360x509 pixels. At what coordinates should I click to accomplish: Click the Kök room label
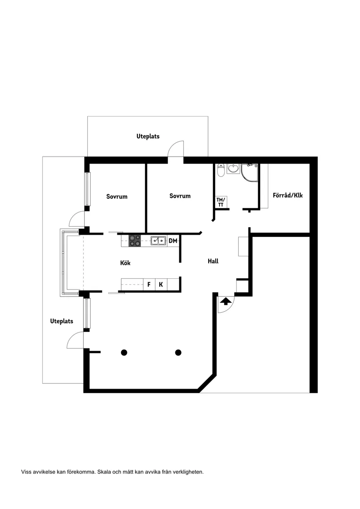[x=125, y=263]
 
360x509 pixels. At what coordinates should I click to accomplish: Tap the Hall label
[x=213, y=261]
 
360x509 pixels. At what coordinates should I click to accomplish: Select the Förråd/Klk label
[x=288, y=195]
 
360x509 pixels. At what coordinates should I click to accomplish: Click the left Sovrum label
[x=117, y=196]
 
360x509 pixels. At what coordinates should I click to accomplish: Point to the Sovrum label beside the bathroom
[x=180, y=196]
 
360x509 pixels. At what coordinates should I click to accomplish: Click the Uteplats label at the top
[x=148, y=137]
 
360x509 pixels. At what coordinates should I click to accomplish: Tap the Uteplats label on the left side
[x=62, y=321]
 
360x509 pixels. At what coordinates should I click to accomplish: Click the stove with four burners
[x=135, y=240]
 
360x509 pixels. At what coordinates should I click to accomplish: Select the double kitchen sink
[x=158, y=240]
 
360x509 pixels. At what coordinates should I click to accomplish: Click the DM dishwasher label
[x=173, y=240]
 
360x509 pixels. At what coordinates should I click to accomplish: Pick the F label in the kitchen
[x=149, y=285]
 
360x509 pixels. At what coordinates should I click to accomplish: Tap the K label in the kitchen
[x=161, y=285]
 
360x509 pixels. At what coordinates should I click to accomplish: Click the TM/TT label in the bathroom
[x=221, y=202]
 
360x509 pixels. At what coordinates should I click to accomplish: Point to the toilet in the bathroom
[x=221, y=170]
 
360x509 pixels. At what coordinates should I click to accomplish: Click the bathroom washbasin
[x=233, y=168]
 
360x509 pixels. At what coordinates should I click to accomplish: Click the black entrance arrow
[x=226, y=302]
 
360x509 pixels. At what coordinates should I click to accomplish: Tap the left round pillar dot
[x=124, y=352]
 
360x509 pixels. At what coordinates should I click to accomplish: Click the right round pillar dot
[x=178, y=352]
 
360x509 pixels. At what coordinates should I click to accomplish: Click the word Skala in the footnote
[x=104, y=471]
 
